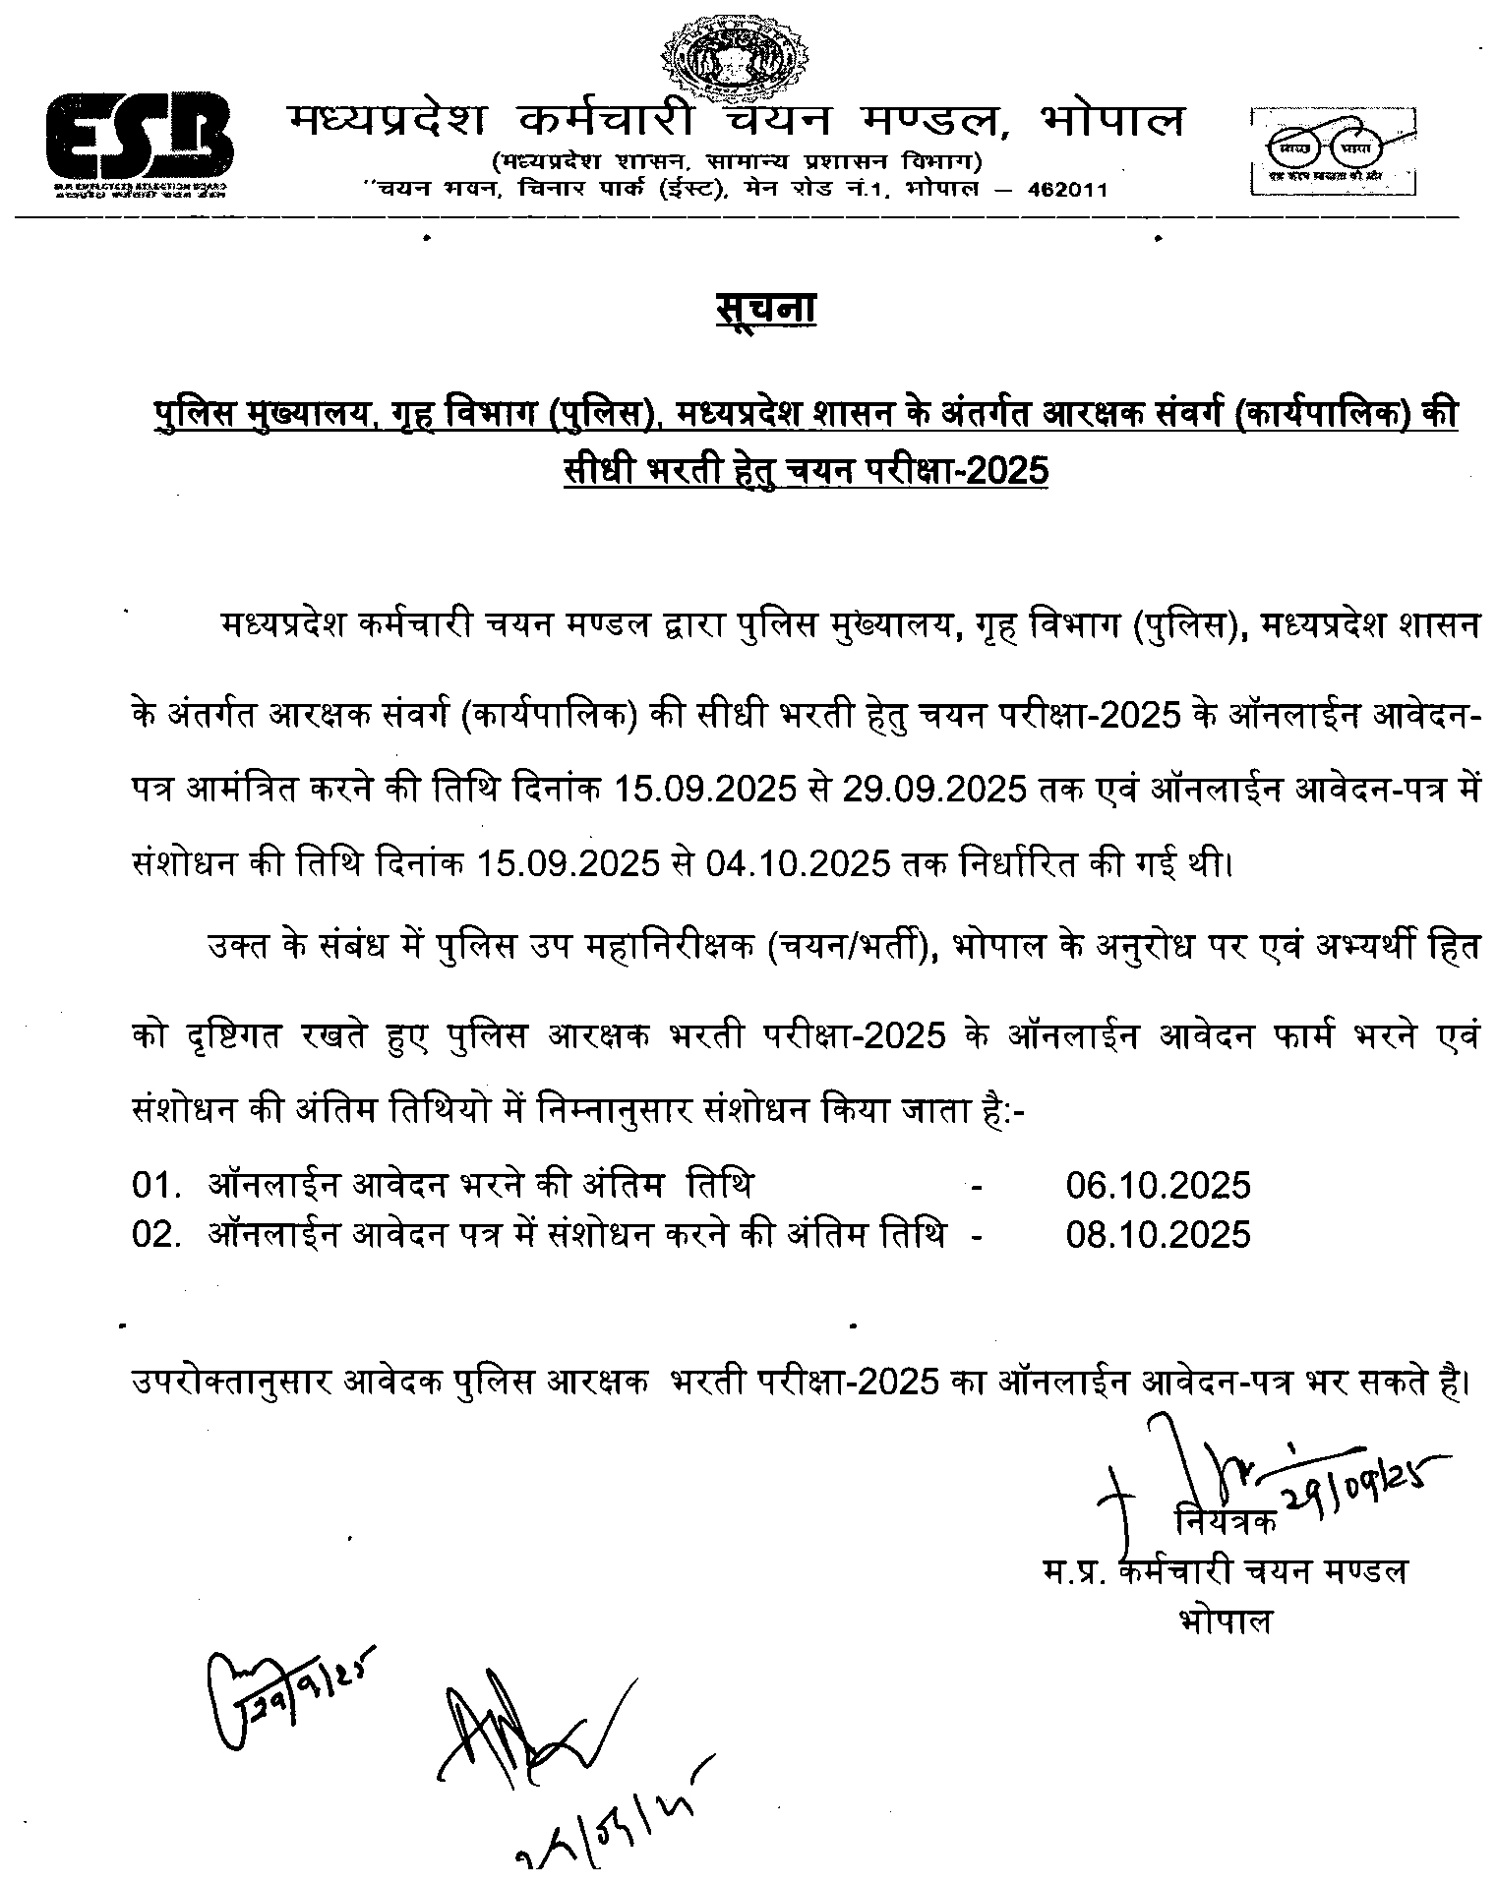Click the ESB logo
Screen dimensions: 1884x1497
click(x=140, y=142)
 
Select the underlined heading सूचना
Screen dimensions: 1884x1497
click(x=765, y=309)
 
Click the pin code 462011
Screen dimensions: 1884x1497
click(x=1067, y=189)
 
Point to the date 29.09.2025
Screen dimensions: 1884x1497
click(x=933, y=791)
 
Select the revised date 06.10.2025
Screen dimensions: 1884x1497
click(x=1158, y=1185)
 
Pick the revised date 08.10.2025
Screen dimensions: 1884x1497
click(x=1158, y=1233)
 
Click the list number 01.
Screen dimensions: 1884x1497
click(x=155, y=1185)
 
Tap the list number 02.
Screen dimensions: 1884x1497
click(x=155, y=1233)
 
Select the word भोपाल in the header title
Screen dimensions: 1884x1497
click(x=1112, y=121)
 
